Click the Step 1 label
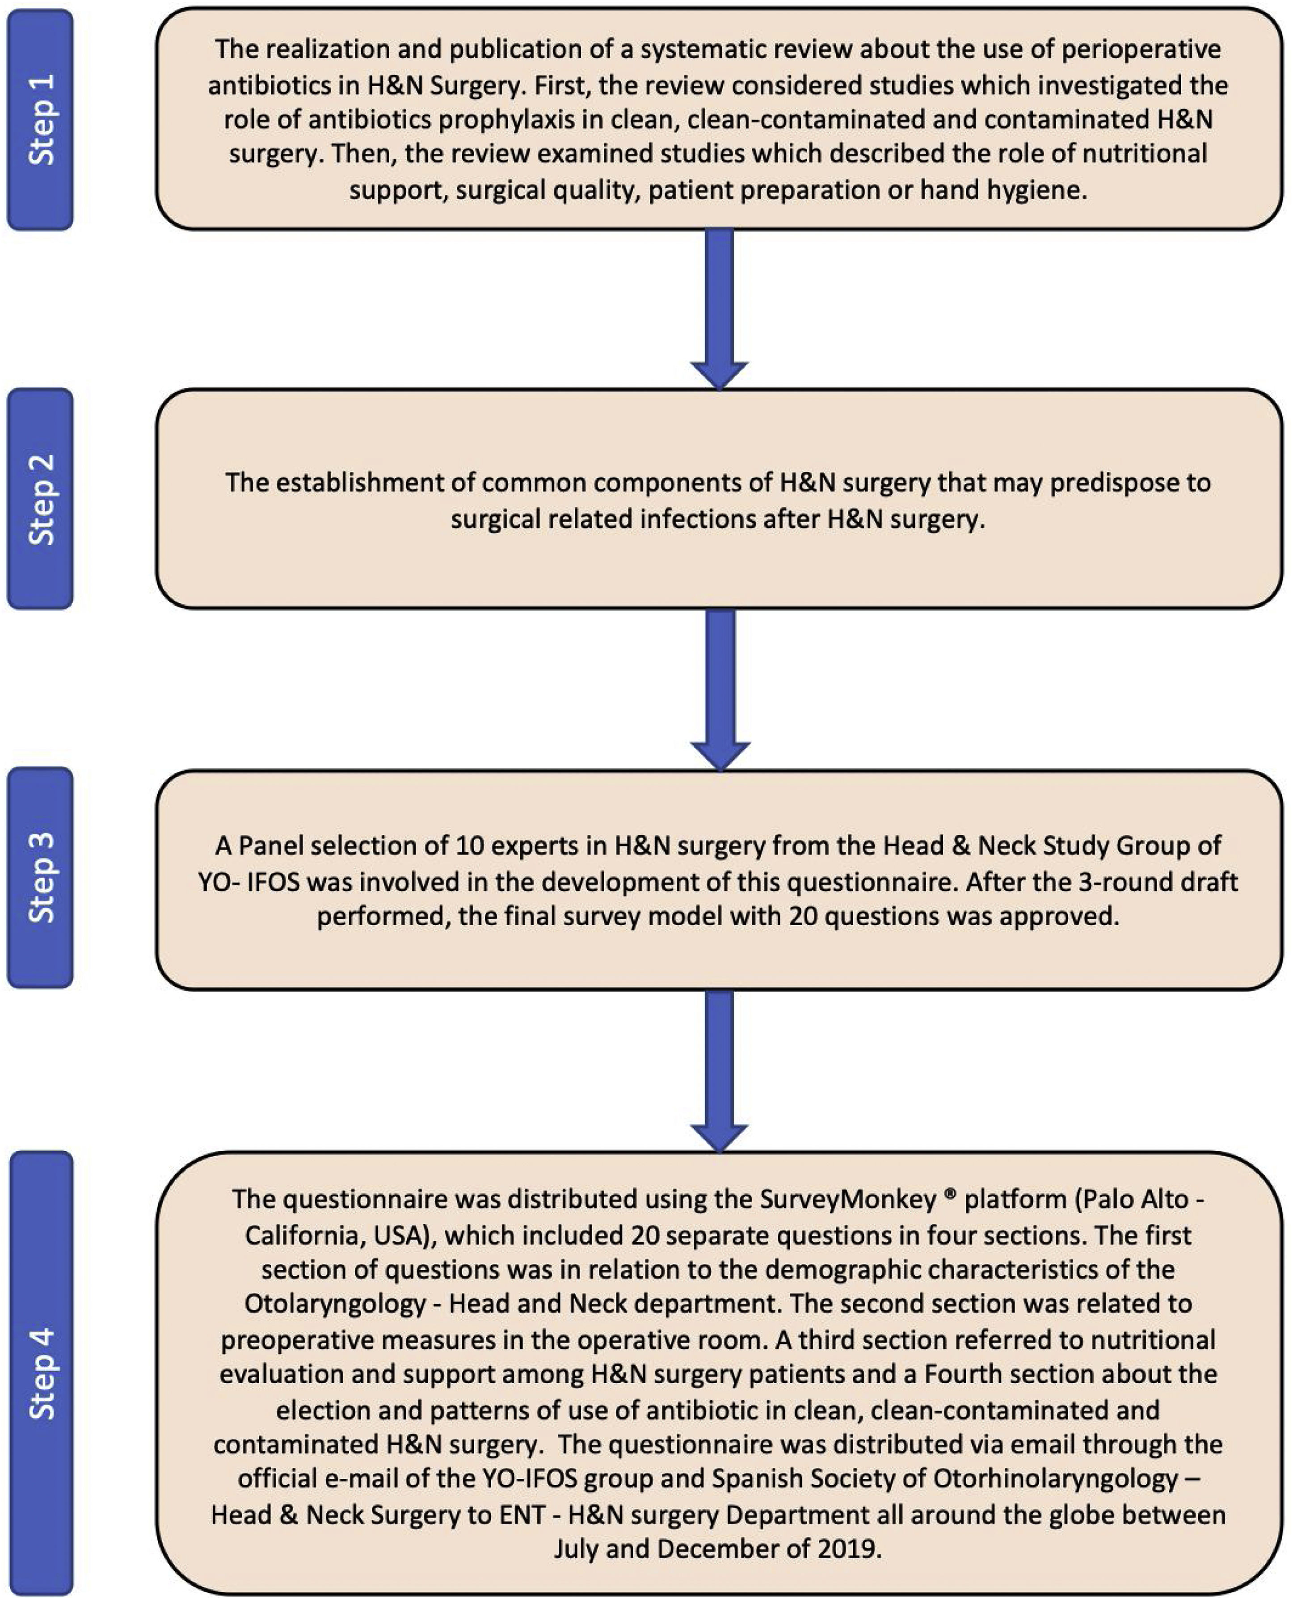coord(41,119)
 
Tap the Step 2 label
coord(41,499)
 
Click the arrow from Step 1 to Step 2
coord(720,309)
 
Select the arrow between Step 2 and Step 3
coord(720,689)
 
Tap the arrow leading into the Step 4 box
coord(720,1069)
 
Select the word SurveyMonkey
coord(847,1199)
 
